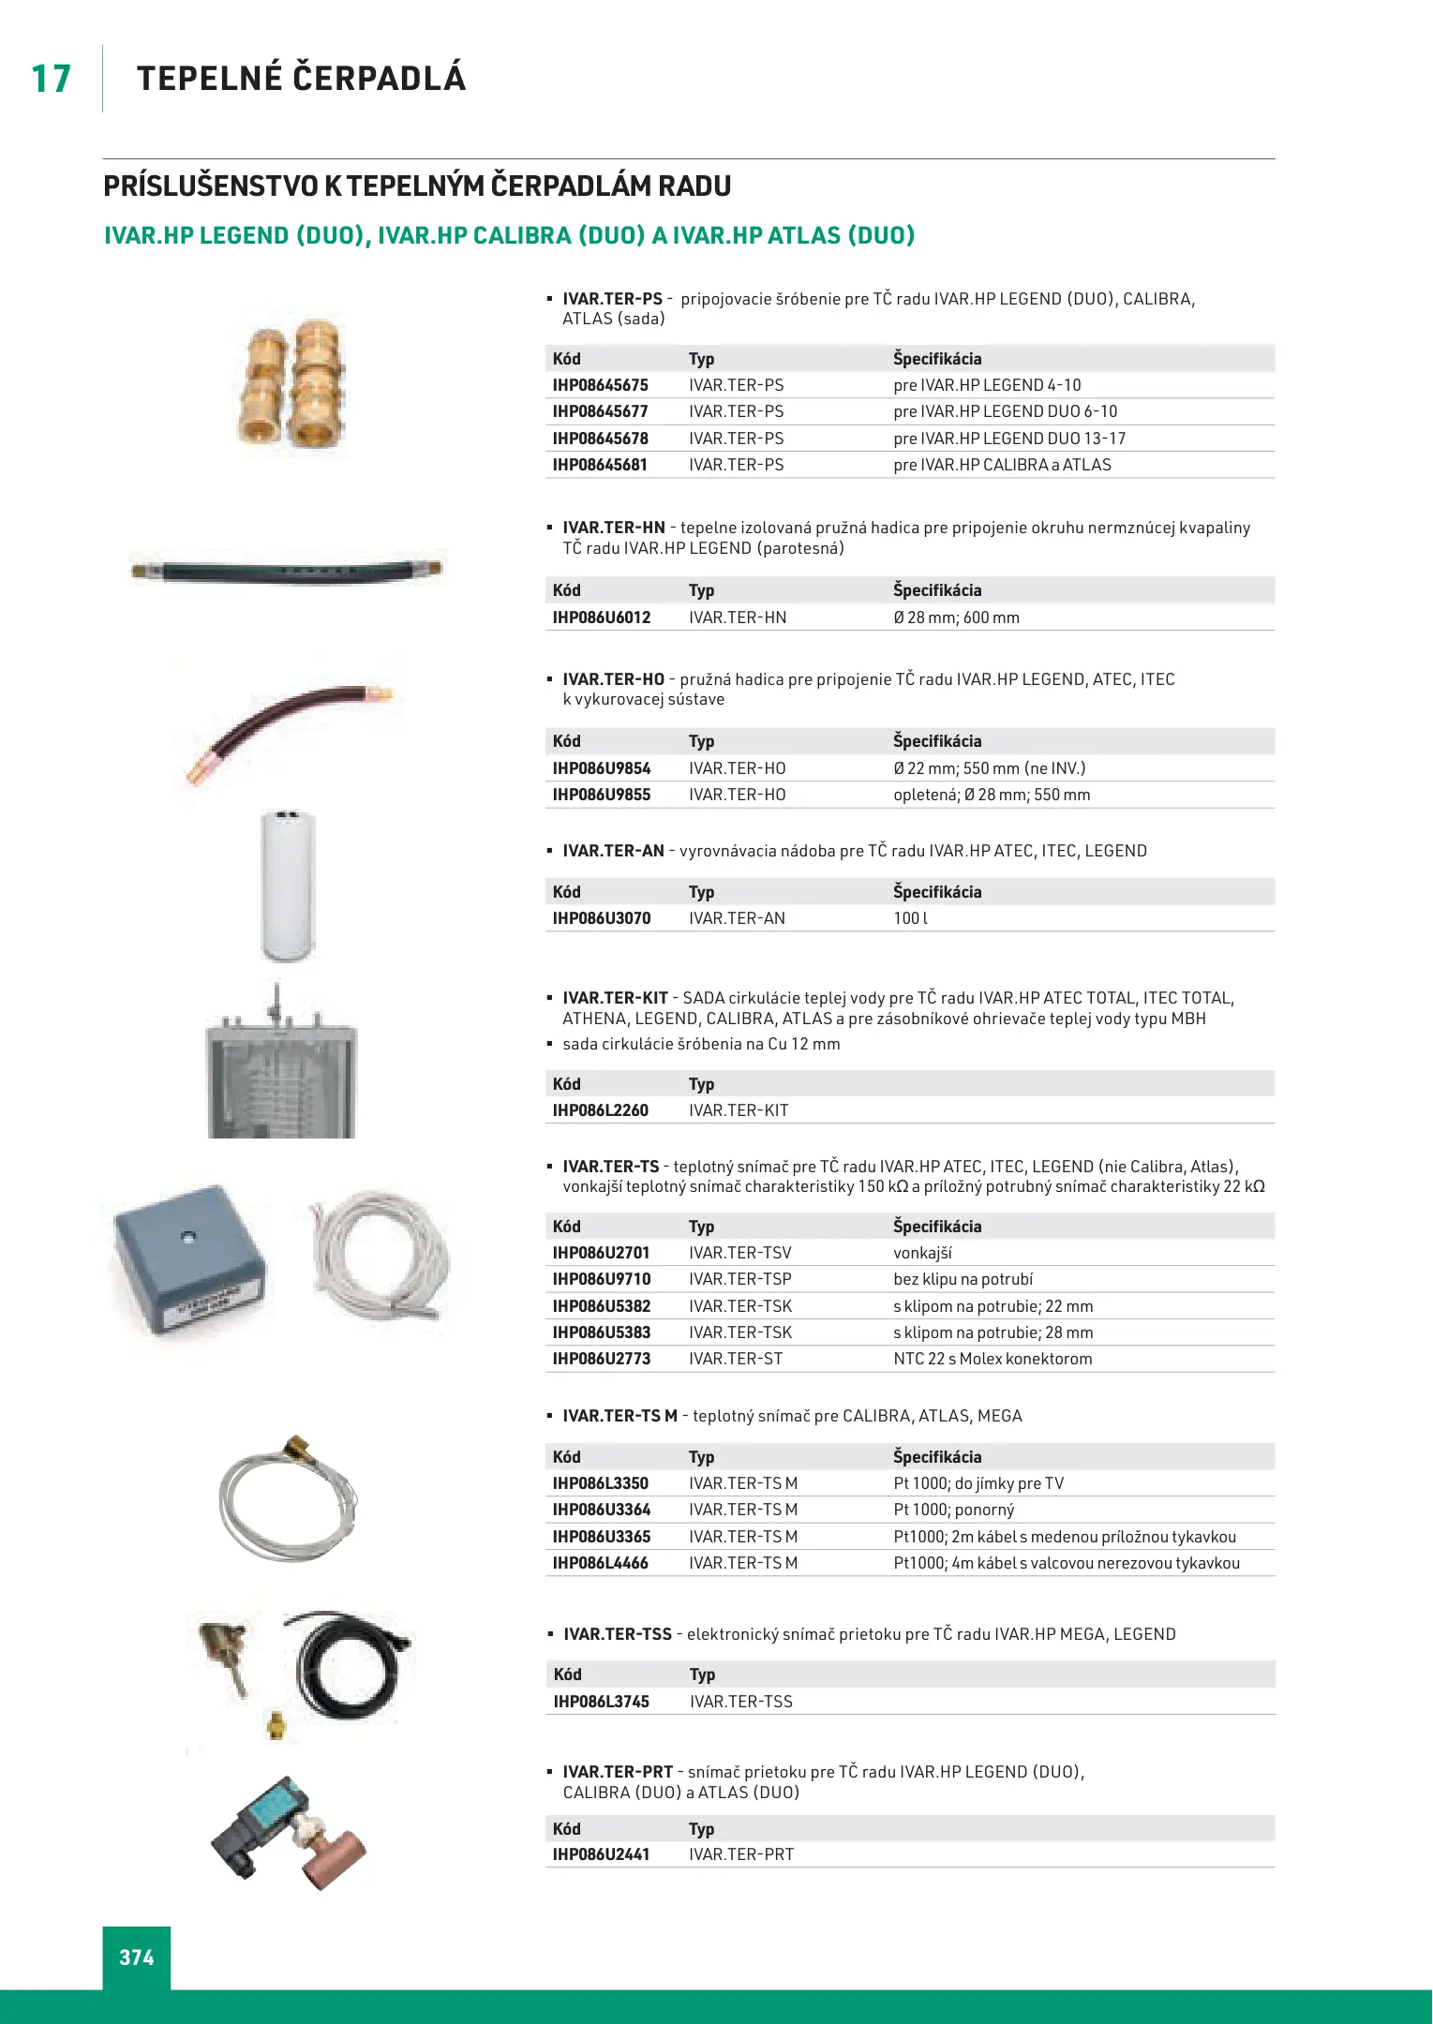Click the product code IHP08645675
[600, 385]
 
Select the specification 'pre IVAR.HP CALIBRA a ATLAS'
[1002, 465]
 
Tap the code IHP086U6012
[601, 618]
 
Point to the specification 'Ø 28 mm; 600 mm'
[956, 618]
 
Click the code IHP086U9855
[601, 795]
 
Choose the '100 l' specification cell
[910, 918]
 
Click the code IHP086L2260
[600, 1110]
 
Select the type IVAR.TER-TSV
[739, 1253]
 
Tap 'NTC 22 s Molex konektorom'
[993, 1359]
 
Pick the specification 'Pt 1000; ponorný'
[953, 1510]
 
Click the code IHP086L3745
[601, 1702]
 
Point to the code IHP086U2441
[601, 1854]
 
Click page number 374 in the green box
[137, 1957]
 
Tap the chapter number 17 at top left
[51, 79]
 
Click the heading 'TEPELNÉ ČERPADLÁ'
[301, 78]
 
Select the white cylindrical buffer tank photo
[288, 885]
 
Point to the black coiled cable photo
[351, 1665]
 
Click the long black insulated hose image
[287, 570]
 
